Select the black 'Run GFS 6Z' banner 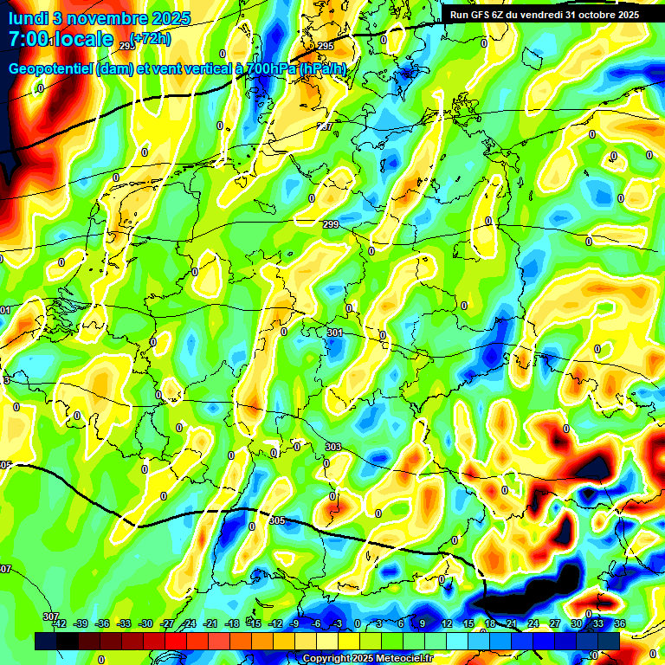(545, 14)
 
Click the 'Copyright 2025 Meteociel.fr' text (367, 659)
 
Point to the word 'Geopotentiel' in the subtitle (50, 69)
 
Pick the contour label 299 (331, 225)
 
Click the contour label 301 (335, 332)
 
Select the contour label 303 (332, 447)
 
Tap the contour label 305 (277, 520)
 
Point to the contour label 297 (325, 127)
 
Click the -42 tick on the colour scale (60, 624)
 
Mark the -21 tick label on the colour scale (210, 624)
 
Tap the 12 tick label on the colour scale (447, 624)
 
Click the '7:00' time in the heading (29, 40)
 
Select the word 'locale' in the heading (84, 40)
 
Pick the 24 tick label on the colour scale (533, 624)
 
